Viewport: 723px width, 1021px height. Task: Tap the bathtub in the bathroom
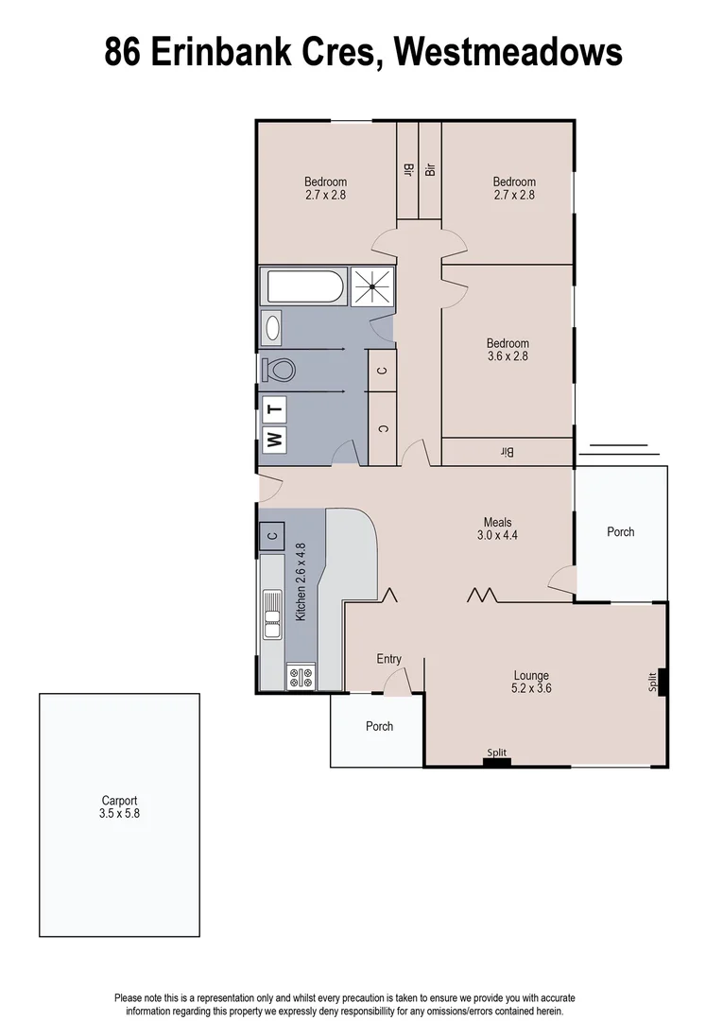[x=304, y=286]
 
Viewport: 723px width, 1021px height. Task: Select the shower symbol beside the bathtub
[x=372, y=285]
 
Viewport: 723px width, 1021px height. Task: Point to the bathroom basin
[x=272, y=328]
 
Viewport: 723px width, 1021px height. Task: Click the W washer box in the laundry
[x=274, y=438]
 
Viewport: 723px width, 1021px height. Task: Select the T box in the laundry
[x=274, y=408]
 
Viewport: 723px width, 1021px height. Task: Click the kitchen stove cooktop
[x=301, y=676]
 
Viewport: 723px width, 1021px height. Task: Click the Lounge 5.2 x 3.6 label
[x=531, y=682]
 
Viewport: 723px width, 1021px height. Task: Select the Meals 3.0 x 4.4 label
[x=498, y=528]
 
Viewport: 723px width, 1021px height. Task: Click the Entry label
[x=388, y=659]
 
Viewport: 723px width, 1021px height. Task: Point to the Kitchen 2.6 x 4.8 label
[x=301, y=581]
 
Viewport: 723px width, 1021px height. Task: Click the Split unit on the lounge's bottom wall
[x=496, y=757]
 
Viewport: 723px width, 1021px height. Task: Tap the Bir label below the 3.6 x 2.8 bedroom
[x=507, y=453]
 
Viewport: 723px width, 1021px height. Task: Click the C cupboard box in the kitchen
[x=272, y=536]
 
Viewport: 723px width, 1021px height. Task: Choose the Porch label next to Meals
[x=620, y=532]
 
